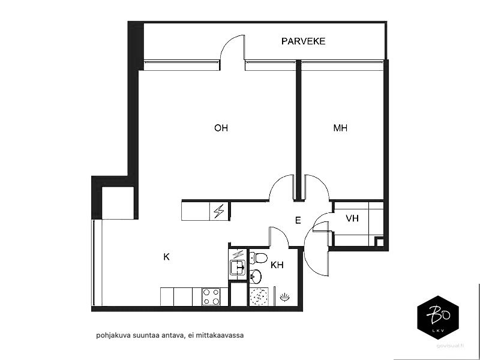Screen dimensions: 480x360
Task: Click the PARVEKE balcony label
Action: pyautogui.click(x=303, y=41)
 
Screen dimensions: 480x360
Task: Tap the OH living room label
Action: pyautogui.click(x=221, y=128)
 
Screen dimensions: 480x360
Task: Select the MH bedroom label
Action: pyautogui.click(x=340, y=128)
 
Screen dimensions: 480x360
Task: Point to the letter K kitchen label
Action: pyautogui.click(x=167, y=257)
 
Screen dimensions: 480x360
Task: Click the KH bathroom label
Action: pyautogui.click(x=277, y=265)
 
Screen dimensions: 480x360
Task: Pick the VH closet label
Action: pyautogui.click(x=352, y=218)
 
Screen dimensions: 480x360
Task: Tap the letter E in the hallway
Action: pyautogui.click(x=298, y=220)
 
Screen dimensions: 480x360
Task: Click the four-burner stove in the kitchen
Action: pyautogui.click(x=211, y=296)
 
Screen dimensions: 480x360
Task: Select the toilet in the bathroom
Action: pyautogui.click(x=258, y=258)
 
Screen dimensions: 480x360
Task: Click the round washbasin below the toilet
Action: pyautogui.click(x=256, y=277)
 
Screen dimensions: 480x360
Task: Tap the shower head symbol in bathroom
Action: pyautogui.click(x=285, y=296)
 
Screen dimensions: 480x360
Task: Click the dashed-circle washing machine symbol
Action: pyautogui.click(x=259, y=296)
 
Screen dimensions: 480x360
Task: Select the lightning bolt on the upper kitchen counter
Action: pyautogui.click(x=219, y=211)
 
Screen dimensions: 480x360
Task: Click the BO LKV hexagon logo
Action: pyautogui.click(x=438, y=317)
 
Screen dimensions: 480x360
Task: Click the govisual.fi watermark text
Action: pyautogui.click(x=451, y=346)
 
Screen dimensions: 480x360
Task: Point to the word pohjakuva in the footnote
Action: pyautogui.click(x=110, y=335)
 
